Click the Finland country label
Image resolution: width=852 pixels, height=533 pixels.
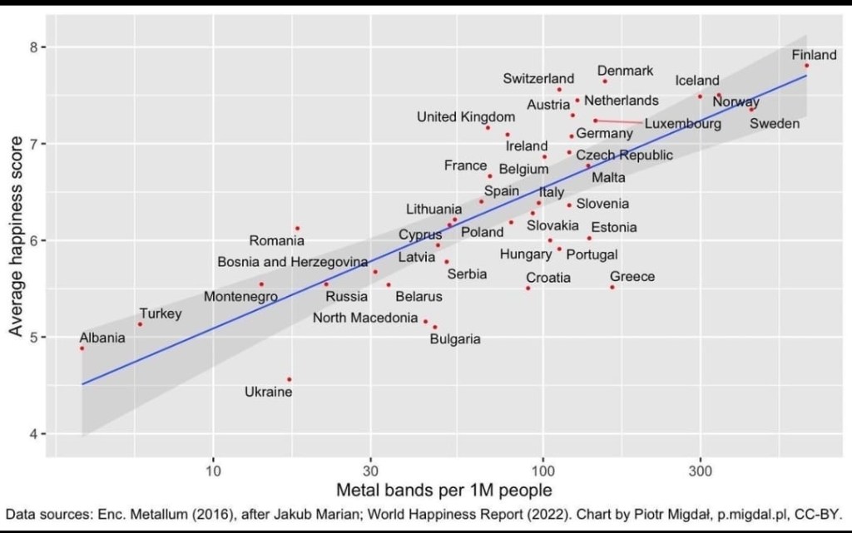[x=814, y=55]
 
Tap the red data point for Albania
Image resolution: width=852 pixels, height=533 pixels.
[x=82, y=348]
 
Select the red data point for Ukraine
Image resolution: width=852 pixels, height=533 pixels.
[x=289, y=379]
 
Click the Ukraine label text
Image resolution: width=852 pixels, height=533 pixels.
[x=268, y=392]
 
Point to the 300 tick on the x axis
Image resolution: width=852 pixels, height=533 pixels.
[x=701, y=469]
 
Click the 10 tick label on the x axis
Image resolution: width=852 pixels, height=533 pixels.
[x=214, y=469]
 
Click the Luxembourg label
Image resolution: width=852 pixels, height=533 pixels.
[x=682, y=124]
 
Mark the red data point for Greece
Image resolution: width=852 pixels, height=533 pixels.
[x=612, y=287]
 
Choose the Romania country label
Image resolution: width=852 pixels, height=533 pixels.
[x=276, y=241]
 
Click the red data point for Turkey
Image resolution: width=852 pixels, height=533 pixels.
[x=140, y=324]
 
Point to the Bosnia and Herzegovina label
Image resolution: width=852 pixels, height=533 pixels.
[x=292, y=262]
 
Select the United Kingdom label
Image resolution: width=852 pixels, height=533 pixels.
[x=466, y=116]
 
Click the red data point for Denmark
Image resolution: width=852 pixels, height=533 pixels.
[x=605, y=81]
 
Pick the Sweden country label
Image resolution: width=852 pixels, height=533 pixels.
[x=775, y=124]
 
